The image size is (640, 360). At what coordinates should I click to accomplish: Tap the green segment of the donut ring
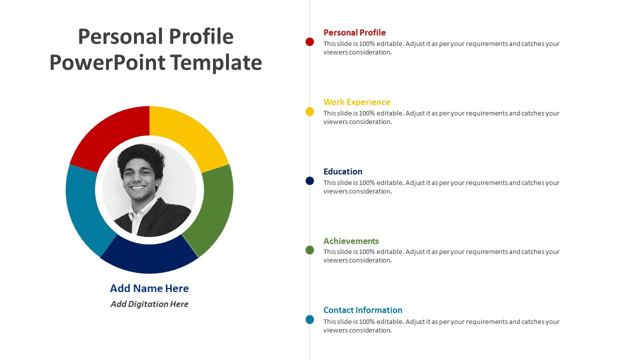point(212,210)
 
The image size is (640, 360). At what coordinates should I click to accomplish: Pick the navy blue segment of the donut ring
point(149,257)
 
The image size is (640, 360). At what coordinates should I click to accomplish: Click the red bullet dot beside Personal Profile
point(309,42)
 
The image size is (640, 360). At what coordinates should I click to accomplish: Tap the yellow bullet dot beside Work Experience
point(309,111)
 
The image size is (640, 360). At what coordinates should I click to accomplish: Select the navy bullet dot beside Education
point(309,181)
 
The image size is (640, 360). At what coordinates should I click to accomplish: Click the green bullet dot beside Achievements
point(309,250)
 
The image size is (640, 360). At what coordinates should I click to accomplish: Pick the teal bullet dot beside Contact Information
point(309,319)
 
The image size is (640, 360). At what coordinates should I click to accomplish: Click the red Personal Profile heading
point(354,32)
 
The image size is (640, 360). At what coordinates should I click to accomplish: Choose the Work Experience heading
point(356,102)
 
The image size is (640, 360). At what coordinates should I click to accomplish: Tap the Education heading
point(342,171)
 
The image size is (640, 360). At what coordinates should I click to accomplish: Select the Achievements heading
point(351,241)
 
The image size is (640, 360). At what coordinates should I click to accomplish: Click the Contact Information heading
point(362,310)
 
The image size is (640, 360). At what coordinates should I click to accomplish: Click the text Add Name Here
point(149,288)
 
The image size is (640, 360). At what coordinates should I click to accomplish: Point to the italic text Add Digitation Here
point(149,304)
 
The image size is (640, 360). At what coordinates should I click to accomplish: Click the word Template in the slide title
point(215,63)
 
